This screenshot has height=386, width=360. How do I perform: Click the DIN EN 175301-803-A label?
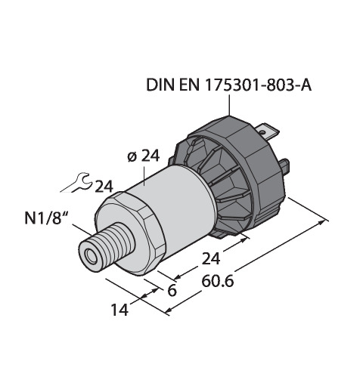229,85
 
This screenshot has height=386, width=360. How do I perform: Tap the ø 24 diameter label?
144,156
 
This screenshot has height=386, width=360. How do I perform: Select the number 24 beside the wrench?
104,187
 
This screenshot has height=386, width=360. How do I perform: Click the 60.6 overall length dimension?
218,282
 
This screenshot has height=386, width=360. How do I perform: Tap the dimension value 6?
172,290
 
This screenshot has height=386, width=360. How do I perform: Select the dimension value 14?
120,310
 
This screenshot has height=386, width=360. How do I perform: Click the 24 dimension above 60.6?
211,258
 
